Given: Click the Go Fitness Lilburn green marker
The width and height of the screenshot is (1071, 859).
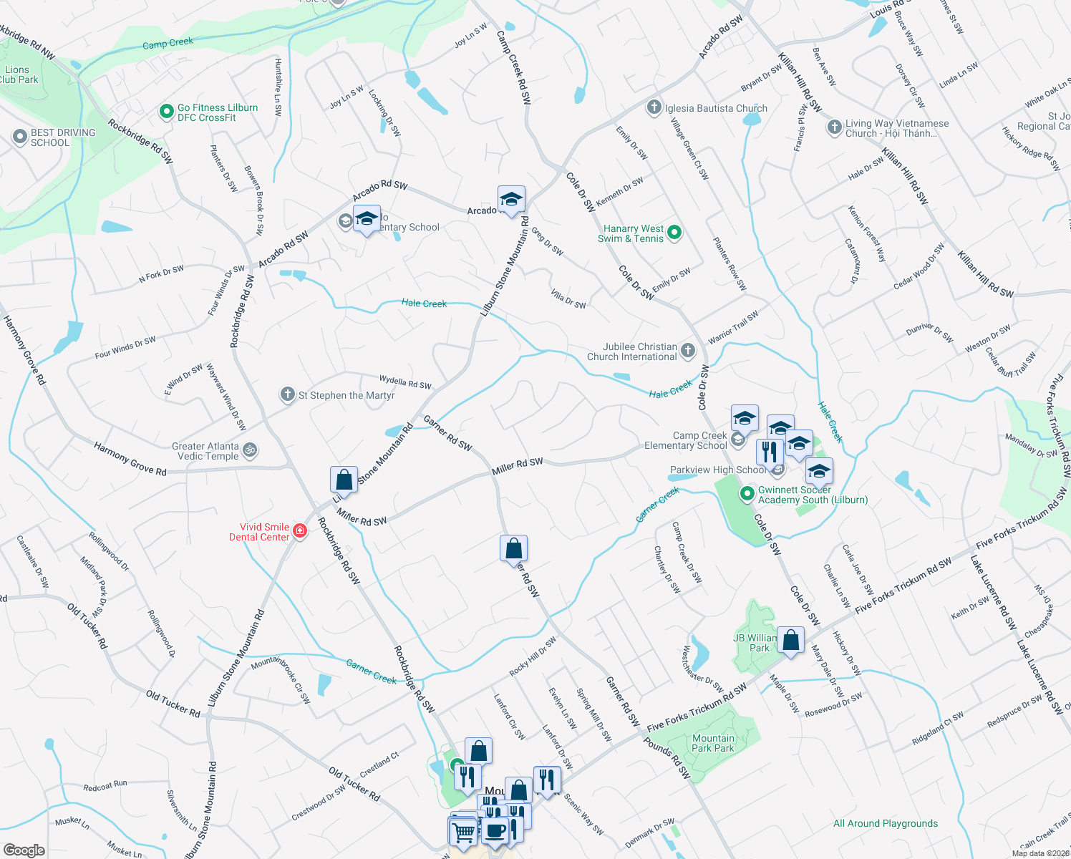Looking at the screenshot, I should click(166, 112).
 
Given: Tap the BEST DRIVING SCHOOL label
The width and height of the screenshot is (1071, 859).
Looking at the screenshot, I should click(62, 137).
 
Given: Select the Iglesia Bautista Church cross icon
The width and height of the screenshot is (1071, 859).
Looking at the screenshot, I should click(654, 108).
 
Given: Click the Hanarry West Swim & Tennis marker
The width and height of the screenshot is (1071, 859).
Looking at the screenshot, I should click(674, 233).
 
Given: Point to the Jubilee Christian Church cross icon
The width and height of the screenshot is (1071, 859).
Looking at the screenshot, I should click(688, 350).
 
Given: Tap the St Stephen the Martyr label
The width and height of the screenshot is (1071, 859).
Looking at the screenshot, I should click(346, 395).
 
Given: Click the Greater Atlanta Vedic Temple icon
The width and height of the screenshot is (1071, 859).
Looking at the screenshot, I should click(250, 450).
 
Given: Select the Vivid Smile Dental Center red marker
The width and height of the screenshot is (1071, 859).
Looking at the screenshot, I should click(300, 531).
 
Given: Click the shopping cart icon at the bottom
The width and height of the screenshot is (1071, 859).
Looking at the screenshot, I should click(463, 832).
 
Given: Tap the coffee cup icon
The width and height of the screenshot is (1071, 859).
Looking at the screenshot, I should click(495, 830).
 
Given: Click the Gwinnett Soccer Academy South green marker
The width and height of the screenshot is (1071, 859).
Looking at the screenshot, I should click(747, 493).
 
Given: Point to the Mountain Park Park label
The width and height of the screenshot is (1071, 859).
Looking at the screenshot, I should click(713, 743).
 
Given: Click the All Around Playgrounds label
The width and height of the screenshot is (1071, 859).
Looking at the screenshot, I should click(885, 823).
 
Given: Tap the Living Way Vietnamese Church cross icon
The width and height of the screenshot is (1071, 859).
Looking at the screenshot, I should click(834, 127).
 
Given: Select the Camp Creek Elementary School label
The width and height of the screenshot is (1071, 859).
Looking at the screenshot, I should click(686, 440).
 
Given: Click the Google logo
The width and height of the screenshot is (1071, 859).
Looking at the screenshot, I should click(24, 850).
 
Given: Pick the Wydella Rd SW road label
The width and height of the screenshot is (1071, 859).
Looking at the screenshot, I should click(405, 383).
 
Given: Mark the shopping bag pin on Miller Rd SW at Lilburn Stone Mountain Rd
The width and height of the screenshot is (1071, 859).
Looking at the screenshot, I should click(344, 480).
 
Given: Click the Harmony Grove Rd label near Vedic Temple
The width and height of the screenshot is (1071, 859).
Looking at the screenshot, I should click(130, 459).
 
